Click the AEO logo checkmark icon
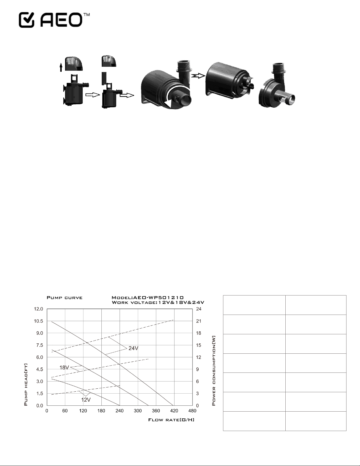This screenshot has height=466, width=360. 26,20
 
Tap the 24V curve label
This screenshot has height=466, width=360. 133,348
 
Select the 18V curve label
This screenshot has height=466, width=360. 64,368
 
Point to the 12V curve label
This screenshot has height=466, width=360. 86,400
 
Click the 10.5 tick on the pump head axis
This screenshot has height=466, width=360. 38,321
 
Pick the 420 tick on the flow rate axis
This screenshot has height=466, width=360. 174,411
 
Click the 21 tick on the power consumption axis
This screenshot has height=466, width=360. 199,321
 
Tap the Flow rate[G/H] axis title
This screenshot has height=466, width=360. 171,420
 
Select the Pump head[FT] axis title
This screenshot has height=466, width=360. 26,385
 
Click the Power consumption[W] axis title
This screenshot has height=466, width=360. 213,370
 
